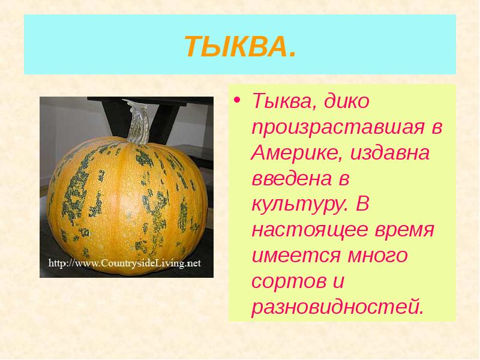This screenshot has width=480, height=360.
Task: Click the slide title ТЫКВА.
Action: tap(239, 45)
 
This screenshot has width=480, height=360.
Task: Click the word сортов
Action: tap(283, 283)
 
